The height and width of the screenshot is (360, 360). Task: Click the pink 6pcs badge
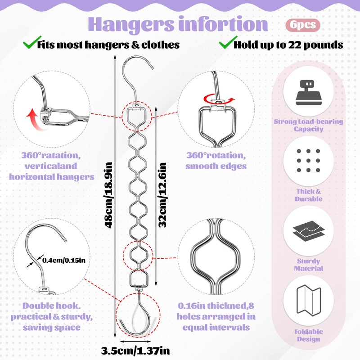pyautogui.click(x=302, y=25)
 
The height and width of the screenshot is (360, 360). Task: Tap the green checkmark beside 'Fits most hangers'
pyautogui.click(x=29, y=44)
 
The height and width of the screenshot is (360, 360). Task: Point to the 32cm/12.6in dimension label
pyautogui.click(x=163, y=194)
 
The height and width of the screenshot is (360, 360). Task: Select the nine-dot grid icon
pyautogui.click(x=309, y=161)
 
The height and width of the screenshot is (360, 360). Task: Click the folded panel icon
pyautogui.click(x=309, y=301)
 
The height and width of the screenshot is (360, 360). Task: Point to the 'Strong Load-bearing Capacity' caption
pyautogui.click(x=309, y=125)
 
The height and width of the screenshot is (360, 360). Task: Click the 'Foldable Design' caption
pyautogui.click(x=309, y=335)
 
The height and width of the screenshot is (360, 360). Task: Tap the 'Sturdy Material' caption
pyautogui.click(x=309, y=265)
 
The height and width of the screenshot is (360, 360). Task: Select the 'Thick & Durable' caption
pyautogui.click(x=309, y=195)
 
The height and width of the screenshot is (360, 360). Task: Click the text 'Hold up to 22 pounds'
pyautogui.click(x=288, y=45)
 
